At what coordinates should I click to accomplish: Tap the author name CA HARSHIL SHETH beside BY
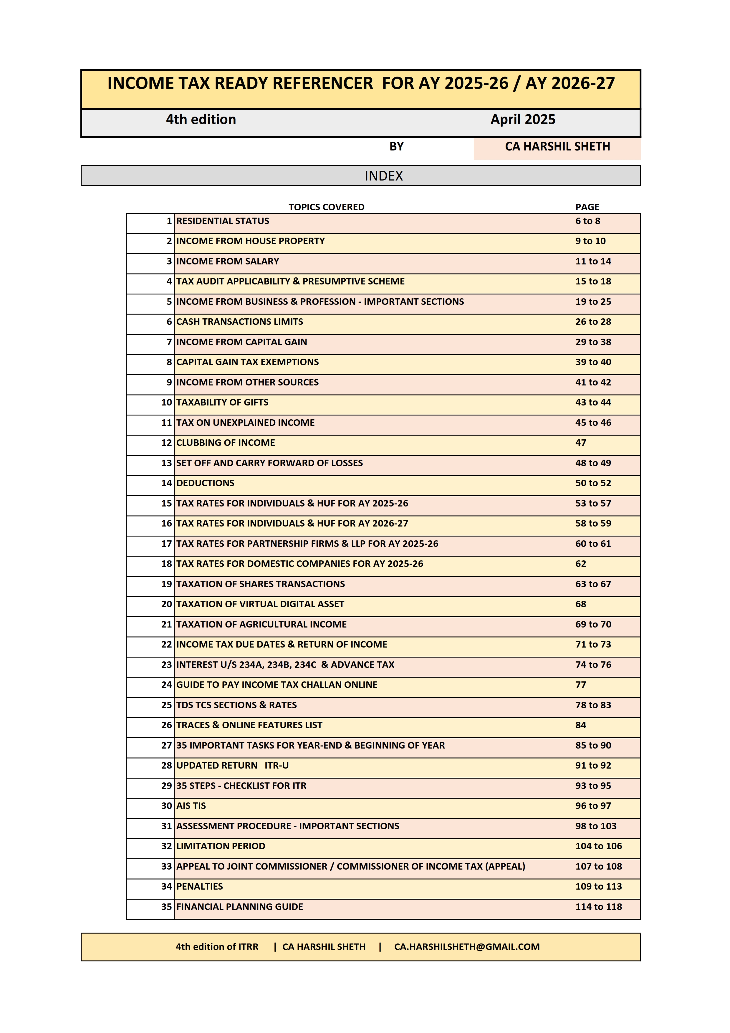click(557, 147)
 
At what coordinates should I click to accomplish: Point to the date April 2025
click(523, 119)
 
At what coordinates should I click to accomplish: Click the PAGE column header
click(587, 207)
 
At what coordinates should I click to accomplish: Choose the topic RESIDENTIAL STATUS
click(223, 221)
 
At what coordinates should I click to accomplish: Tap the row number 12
click(166, 443)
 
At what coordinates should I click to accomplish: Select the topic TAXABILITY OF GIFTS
click(222, 402)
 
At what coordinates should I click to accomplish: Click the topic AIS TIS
click(191, 806)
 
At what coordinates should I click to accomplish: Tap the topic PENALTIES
click(199, 886)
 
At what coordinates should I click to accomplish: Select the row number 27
click(166, 746)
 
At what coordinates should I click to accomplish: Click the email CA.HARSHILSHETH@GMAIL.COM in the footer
click(466, 947)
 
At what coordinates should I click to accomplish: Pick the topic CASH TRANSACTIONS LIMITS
click(239, 322)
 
